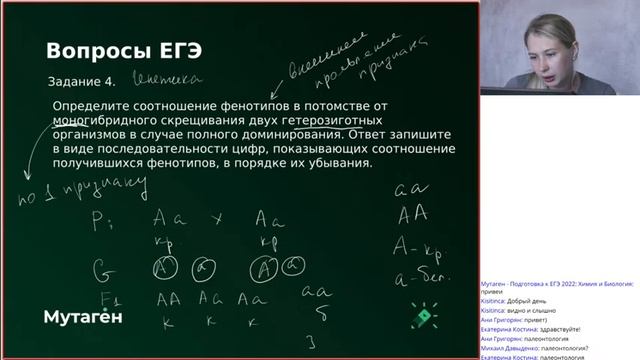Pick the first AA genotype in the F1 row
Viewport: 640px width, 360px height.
pyautogui.click(x=165, y=299)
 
